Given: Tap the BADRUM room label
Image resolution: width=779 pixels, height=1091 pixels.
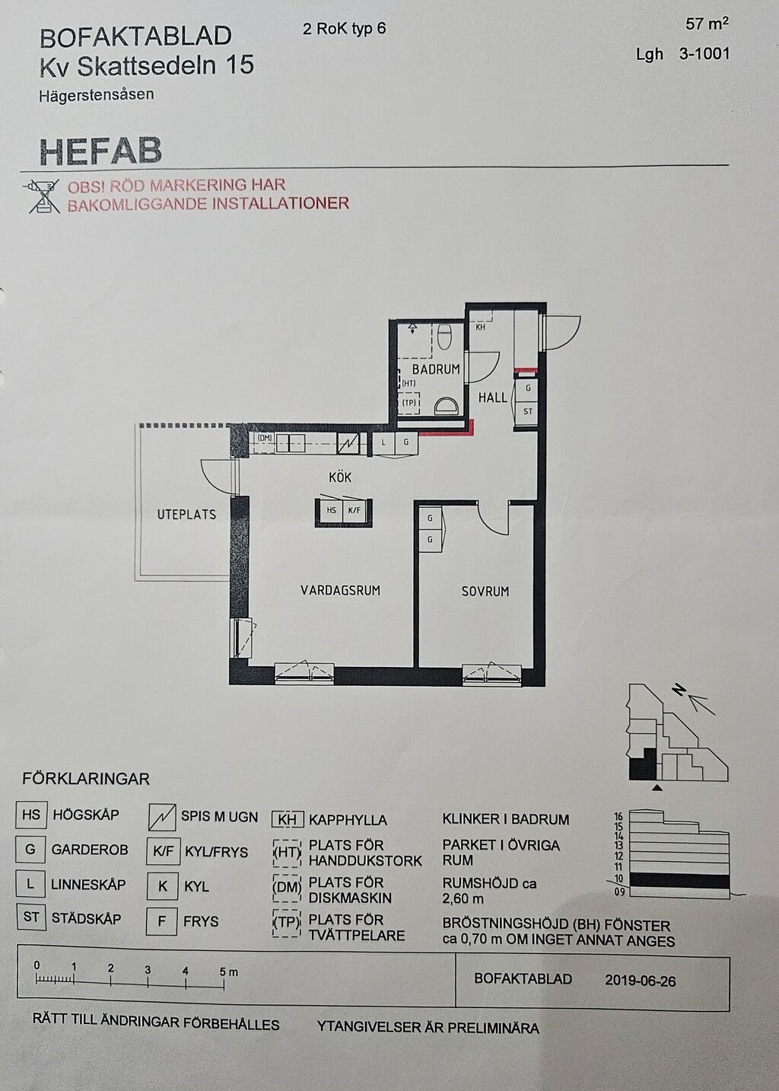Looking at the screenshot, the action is pos(436,369).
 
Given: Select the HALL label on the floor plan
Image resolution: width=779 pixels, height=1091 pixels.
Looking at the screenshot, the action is pos(492,397).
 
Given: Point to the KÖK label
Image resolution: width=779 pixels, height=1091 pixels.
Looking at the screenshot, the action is pos(339,477).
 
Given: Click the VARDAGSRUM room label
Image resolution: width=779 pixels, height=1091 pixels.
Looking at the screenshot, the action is pos(340,591).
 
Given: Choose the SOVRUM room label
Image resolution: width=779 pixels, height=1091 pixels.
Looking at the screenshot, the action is pos(485,592).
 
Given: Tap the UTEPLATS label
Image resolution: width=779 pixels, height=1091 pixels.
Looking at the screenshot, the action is pos(186,515).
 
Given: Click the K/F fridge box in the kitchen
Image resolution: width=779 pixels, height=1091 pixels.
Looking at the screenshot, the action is pos(354,510).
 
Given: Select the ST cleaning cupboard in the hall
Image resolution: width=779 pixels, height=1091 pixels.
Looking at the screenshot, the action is pos(527,412).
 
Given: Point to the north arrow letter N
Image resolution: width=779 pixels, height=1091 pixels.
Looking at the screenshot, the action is pos(680,691).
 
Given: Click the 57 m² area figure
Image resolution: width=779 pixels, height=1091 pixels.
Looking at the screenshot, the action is pos(707,24).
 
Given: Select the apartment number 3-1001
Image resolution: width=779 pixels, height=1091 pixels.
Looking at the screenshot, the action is pos(704,53).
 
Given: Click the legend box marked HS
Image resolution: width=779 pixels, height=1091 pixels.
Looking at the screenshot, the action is pos(30,815).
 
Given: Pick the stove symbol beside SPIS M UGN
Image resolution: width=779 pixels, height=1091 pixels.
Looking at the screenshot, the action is pos(162,816).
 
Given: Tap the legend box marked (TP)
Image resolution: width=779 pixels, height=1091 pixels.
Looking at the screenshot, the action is pos(287,922).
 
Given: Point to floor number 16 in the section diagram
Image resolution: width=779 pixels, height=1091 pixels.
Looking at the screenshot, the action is pos(619,814).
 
